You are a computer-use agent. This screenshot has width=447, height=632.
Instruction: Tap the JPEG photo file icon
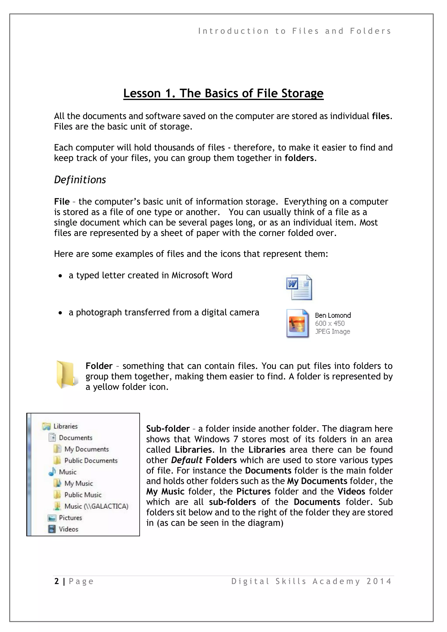tap(297, 323)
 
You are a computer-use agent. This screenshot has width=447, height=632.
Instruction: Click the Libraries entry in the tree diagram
tap(65, 426)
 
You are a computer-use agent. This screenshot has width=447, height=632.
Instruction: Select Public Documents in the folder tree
tap(91, 460)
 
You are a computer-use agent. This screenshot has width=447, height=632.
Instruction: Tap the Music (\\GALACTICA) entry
tap(96, 506)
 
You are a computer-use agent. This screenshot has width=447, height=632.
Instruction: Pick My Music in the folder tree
tap(78, 483)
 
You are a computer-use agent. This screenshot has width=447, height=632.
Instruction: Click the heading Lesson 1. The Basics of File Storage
tap(223, 93)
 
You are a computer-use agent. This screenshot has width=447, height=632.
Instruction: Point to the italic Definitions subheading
tap(80, 180)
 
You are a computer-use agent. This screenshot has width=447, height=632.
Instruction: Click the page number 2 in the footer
tap(57, 581)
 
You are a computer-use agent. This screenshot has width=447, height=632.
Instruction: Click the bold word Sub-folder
tap(168, 429)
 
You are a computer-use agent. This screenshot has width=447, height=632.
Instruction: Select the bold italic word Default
tap(187, 460)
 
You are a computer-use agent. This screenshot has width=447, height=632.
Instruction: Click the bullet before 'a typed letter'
tap(60, 276)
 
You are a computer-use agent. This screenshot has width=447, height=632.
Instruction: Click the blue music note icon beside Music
tap(52, 472)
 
